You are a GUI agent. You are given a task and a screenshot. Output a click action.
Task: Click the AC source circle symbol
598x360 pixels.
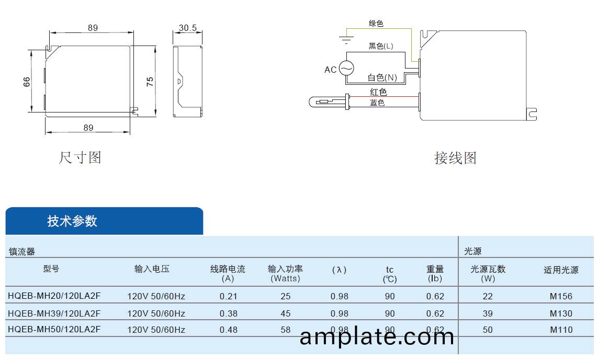pyautogui.click(x=346, y=69)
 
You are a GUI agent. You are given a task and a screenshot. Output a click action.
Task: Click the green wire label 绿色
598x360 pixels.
pyautogui.click(x=376, y=24)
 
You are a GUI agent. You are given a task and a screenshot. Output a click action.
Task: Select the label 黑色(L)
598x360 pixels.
pyautogui.click(x=381, y=46)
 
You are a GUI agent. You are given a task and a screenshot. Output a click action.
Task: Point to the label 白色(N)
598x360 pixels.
pyautogui.click(x=382, y=77)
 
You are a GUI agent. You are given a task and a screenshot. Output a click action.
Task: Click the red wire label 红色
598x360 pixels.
pyautogui.click(x=378, y=92)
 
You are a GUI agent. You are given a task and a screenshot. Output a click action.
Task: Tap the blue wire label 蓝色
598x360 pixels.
pyautogui.click(x=377, y=103)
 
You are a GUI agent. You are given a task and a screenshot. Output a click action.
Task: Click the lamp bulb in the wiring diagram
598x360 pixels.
pyautogui.click(x=324, y=102)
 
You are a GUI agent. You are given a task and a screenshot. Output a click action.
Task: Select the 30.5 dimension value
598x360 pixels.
pyautogui.click(x=187, y=28)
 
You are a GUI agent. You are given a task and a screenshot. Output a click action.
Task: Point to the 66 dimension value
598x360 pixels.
pyautogui.click(x=27, y=81)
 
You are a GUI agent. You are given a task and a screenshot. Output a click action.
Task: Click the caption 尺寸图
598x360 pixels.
pyautogui.click(x=80, y=157)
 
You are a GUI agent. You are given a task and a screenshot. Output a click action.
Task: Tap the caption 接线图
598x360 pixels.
pyautogui.click(x=455, y=157)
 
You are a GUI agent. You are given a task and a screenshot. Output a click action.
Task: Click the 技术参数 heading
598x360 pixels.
pyautogui.click(x=72, y=221)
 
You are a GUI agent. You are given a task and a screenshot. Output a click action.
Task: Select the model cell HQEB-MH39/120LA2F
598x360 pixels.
pyautogui.click(x=54, y=313)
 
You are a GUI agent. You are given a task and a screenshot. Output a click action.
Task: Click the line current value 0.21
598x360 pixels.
pyautogui.click(x=228, y=296)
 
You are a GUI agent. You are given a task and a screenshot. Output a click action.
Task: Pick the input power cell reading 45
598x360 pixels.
pyautogui.click(x=285, y=313)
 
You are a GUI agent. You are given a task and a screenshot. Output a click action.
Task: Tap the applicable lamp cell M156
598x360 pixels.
pyautogui.click(x=561, y=296)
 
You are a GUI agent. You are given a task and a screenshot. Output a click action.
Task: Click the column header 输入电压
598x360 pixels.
pyautogui.click(x=152, y=269)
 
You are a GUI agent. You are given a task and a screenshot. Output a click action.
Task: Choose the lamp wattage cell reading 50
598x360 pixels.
pyautogui.click(x=488, y=330)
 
